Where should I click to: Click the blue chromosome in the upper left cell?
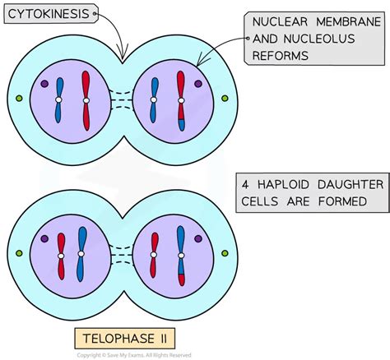[59, 99]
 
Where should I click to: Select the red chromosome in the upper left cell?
[86, 99]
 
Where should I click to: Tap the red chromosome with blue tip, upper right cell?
[181, 101]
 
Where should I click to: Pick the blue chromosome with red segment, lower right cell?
[180, 255]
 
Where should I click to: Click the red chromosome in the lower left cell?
[60, 256]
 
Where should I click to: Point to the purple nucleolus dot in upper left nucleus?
[44, 83]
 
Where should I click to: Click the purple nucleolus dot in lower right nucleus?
[197, 239]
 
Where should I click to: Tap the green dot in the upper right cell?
[225, 99]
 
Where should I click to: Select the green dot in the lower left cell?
[19, 256]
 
